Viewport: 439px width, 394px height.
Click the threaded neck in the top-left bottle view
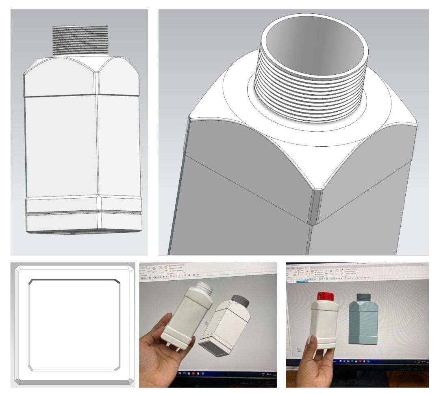pyautogui.click(x=80, y=40)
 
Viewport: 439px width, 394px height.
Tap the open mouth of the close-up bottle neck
pyautogui.click(x=314, y=45)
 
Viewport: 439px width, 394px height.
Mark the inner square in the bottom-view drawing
pyautogui.click(x=74, y=325)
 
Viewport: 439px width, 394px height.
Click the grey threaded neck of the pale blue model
pyautogui.click(x=363, y=297)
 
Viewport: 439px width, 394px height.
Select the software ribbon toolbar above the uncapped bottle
pyautogui.click(x=207, y=271)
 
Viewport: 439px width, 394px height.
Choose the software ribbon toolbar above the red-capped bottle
pyautogui.click(x=358, y=273)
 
